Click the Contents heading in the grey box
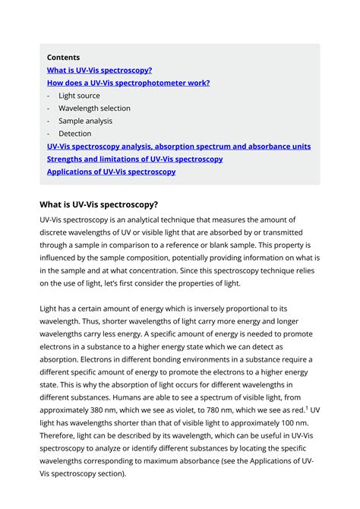click(x=63, y=57)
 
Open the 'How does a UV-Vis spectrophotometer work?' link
click(x=128, y=83)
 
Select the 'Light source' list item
click(x=79, y=96)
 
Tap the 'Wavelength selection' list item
click(x=94, y=109)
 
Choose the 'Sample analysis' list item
click(x=85, y=121)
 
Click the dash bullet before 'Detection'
click(x=49, y=134)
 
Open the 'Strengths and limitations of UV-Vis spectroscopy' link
click(x=134, y=159)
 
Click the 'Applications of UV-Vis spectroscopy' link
click(x=111, y=172)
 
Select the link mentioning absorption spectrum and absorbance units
click(x=178, y=147)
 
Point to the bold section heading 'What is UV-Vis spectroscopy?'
click(x=99, y=204)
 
